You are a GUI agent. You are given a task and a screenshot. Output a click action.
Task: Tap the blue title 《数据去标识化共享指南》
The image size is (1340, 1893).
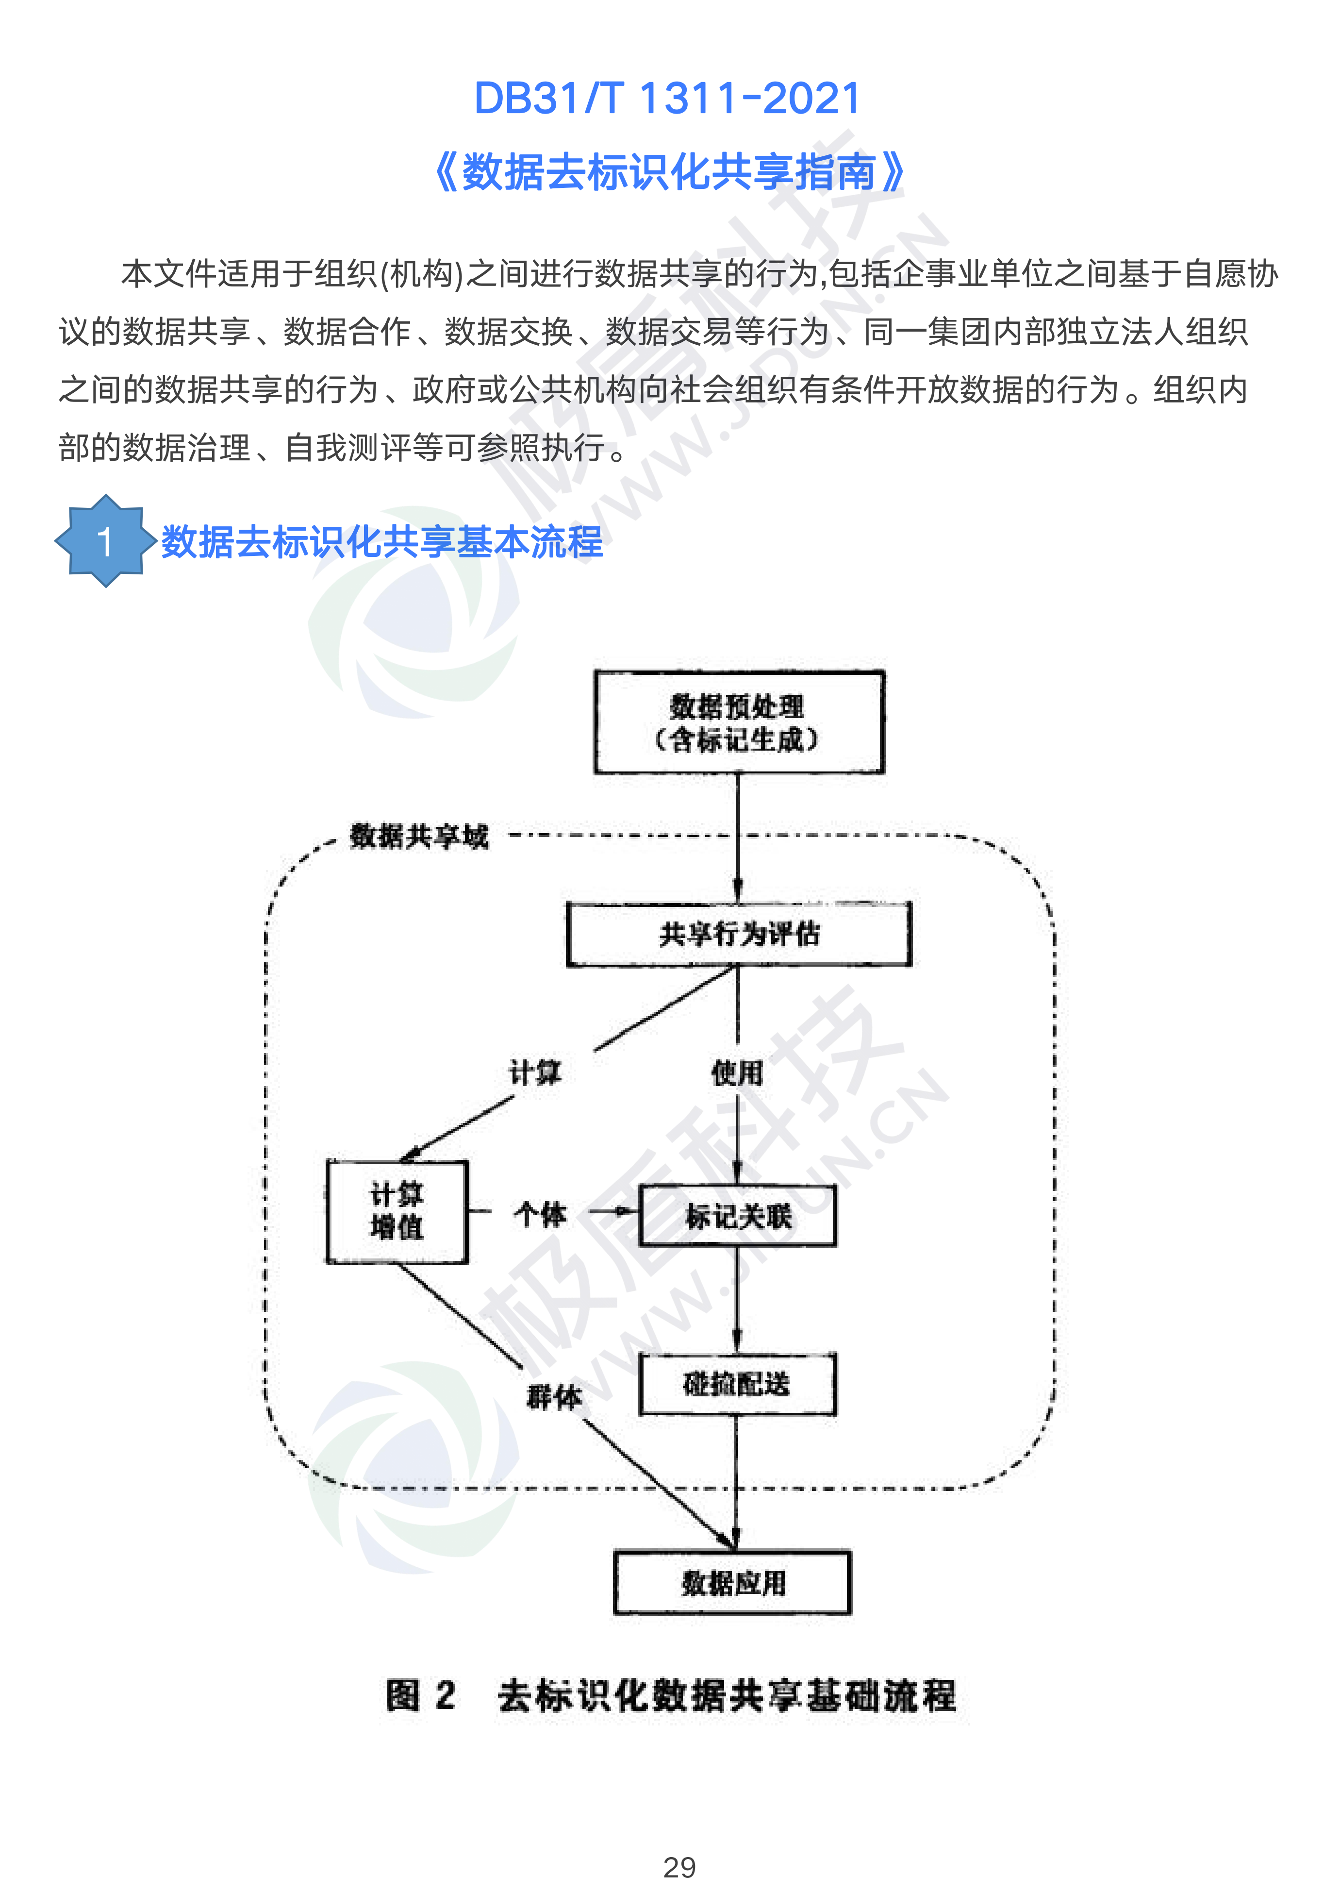(668, 172)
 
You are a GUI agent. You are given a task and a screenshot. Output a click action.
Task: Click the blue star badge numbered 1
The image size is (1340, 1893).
(105, 541)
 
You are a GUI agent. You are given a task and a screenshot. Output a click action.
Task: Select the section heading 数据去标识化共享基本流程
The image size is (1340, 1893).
(382, 542)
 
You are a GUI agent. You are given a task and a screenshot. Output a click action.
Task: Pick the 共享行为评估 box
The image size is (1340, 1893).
(739, 934)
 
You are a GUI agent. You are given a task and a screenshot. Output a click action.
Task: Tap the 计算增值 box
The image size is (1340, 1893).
(397, 1210)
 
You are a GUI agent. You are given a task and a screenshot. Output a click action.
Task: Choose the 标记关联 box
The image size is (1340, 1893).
(737, 1216)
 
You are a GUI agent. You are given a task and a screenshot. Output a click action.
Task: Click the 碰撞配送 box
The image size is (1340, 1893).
(737, 1384)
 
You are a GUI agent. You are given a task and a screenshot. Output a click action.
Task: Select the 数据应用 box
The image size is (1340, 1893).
(733, 1583)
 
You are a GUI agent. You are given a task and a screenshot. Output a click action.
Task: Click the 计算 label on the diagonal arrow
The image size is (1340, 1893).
(535, 1073)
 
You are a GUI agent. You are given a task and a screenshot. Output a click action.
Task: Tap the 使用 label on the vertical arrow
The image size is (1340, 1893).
(737, 1073)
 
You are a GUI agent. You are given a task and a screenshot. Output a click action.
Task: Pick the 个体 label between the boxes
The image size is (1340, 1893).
(541, 1214)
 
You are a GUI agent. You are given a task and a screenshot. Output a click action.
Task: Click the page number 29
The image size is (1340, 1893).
(679, 1867)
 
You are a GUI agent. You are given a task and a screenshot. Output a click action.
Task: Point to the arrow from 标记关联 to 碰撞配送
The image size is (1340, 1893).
(737, 1300)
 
